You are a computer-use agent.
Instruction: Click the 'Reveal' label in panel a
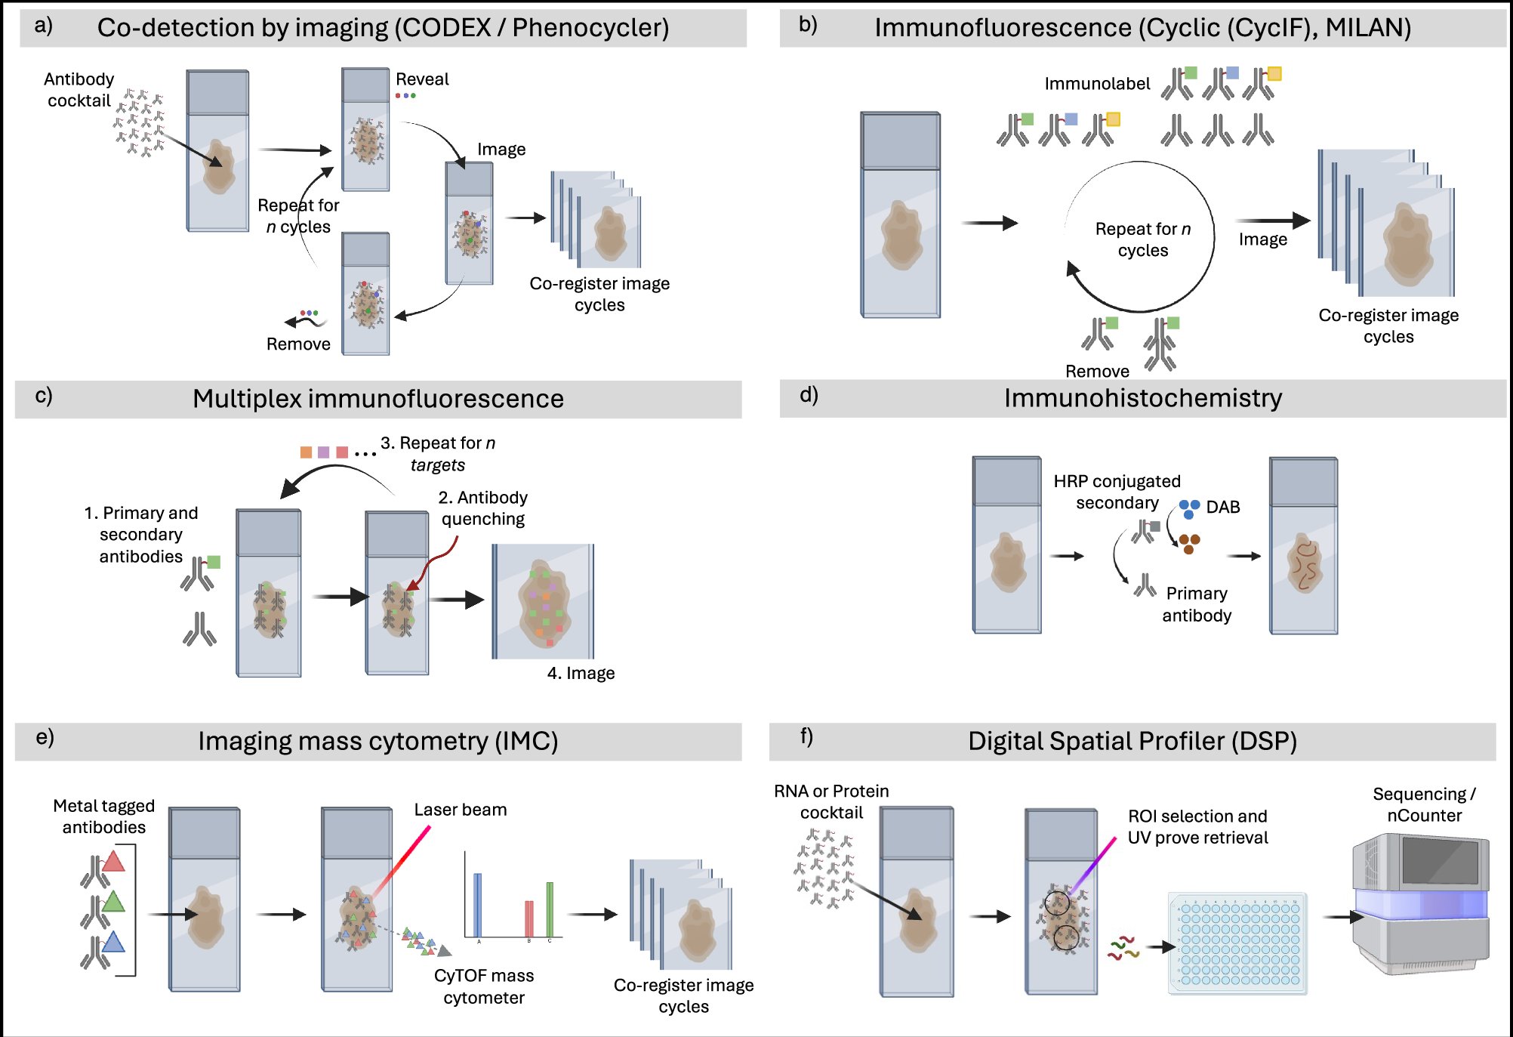[x=421, y=79]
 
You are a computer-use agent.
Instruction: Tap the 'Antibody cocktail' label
[x=79, y=90]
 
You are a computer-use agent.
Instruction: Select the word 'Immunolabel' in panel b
[x=1096, y=84]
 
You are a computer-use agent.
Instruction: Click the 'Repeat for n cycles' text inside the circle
[x=1142, y=239]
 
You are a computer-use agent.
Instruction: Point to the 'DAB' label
[x=1222, y=507]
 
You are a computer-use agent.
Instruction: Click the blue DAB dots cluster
[x=1189, y=508]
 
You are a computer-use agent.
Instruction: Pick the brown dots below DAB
[x=1190, y=543]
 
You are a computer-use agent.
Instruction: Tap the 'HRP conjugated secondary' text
[x=1117, y=492]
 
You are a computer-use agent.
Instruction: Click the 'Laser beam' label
[x=460, y=810]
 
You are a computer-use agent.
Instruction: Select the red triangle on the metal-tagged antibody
[x=113, y=861]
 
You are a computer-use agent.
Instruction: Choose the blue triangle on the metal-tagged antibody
[x=113, y=942]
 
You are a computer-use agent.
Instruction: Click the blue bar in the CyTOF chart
[x=477, y=904]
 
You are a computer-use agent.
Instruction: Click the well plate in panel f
[x=1237, y=943]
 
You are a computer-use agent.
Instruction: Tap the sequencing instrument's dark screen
[x=1439, y=861]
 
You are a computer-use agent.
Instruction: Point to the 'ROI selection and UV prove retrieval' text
[x=1197, y=827]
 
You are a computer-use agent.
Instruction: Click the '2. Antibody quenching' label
[x=482, y=508]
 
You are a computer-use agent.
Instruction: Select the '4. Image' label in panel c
[x=581, y=673]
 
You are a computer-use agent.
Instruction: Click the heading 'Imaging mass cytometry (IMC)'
[x=377, y=741]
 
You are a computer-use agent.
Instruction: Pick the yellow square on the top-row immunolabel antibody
[x=1274, y=73]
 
